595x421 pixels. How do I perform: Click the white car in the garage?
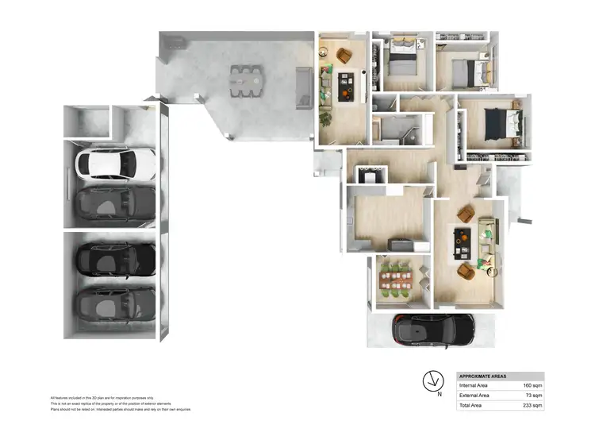[115, 164]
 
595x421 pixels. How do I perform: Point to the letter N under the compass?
[439, 392]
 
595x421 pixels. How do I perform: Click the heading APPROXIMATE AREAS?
[483, 377]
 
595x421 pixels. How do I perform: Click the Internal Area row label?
[473, 385]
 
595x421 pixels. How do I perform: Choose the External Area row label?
[474, 395]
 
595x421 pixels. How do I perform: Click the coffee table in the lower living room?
[461, 242]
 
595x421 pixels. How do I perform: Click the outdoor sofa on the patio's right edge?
[302, 87]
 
